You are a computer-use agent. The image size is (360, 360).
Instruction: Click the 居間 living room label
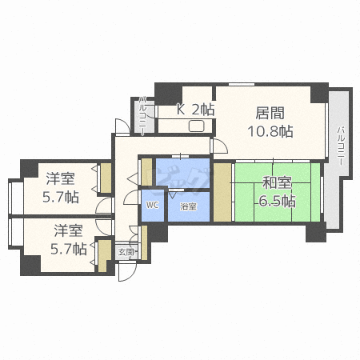(x=270, y=113)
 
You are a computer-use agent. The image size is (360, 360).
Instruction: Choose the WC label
(x=152, y=205)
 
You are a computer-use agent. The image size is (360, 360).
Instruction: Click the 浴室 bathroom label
(x=188, y=207)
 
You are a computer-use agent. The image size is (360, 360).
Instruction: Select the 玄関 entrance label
(x=126, y=251)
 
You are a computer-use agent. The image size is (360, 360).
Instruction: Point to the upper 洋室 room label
(x=60, y=178)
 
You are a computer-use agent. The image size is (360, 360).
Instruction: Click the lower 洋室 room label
(x=69, y=230)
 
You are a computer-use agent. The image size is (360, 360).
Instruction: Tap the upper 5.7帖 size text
(x=61, y=196)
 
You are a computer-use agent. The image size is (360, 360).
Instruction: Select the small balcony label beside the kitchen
(x=142, y=114)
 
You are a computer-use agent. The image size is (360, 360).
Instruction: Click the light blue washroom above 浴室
(x=182, y=173)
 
